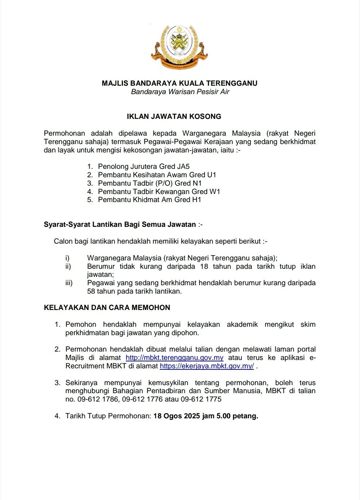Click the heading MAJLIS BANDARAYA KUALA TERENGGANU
(179, 83)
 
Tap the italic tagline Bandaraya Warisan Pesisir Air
(180, 92)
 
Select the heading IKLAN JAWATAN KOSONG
(174, 117)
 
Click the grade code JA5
(183, 167)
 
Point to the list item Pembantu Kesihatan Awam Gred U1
(157, 175)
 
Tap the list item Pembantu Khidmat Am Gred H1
(150, 200)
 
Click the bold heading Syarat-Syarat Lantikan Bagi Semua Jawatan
(120, 225)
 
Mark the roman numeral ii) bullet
(68, 267)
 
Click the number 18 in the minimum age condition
(204, 267)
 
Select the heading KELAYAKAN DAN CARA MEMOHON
(107, 308)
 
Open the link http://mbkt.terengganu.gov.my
(174, 358)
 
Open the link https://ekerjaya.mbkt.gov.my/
(206, 366)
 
